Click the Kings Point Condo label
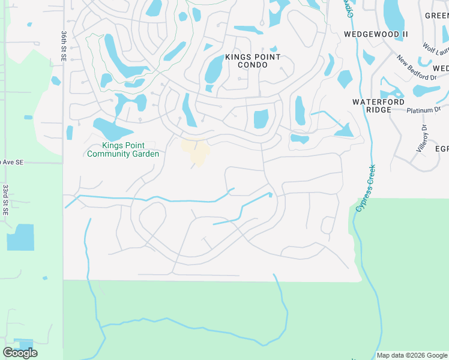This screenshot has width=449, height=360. click(252, 61)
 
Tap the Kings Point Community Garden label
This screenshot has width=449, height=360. click(123, 149)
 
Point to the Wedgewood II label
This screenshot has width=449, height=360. click(376, 34)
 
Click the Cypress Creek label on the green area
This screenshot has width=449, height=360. click(367, 188)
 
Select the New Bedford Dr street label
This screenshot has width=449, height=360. click(416, 67)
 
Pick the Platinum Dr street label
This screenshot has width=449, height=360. click(423, 110)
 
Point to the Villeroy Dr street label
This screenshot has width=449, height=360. click(421, 137)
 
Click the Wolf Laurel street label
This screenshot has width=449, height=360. click(436, 47)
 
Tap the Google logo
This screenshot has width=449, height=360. click(20, 353)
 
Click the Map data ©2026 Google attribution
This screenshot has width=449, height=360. click(412, 355)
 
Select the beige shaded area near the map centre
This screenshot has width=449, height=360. click(196, 151)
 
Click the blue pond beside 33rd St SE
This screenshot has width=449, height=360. click(20, 237)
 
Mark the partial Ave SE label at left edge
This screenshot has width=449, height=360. click(11, 162)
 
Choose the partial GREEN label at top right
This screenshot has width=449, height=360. click(436, 16)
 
